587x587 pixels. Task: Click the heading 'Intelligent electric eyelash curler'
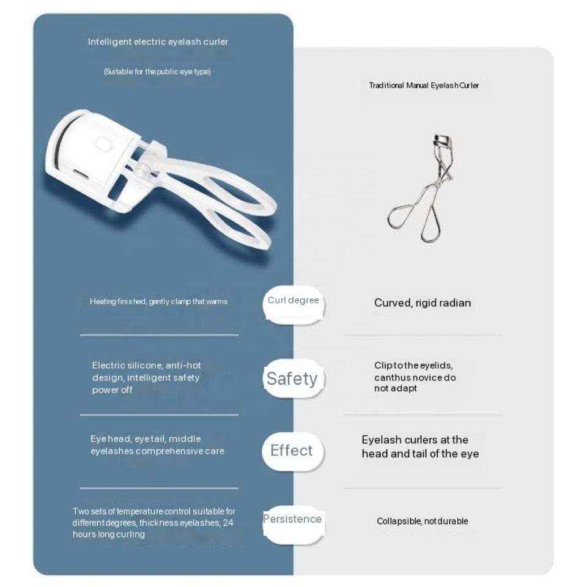point(158,42)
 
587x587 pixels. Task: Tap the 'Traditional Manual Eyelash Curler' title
point(424,86)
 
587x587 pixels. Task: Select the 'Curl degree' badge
point(293,301)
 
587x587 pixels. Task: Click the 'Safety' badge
point(292,378)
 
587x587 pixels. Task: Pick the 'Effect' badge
point(292,451)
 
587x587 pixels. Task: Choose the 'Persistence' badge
point(292,519)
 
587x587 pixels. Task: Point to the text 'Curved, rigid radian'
point(423,303)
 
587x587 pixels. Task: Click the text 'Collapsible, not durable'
point(423,522)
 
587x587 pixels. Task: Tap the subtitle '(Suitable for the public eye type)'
point(157,72)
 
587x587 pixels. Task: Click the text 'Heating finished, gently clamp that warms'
point(158,302)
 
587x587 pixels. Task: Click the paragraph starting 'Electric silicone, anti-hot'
point(146,377)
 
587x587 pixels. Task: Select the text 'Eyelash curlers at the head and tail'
point(420,446)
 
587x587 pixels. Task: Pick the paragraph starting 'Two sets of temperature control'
point(153,523)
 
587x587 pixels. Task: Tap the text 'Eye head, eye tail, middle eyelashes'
point(157,445)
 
